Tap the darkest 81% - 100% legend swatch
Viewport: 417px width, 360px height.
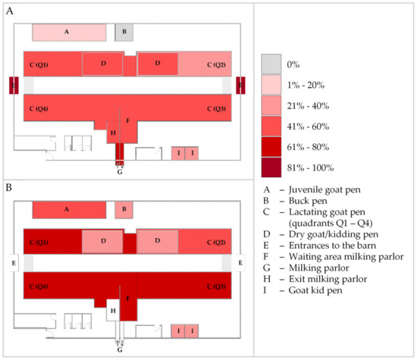(x=271, y=167)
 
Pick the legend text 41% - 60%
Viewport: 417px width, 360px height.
(x=311, y=116)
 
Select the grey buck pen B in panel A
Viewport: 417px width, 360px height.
(x=124, y=32)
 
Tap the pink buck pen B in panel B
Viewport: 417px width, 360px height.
(x=124, y=210)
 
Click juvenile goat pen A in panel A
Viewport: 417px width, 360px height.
(x=68, y=32)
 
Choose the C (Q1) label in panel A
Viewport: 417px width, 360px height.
(x=38, y=64)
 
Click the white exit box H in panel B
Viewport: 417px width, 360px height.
(x=113, y=310)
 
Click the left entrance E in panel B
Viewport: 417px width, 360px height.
(x=14, y=263)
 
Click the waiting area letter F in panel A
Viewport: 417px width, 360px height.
(x=128, y=121)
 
